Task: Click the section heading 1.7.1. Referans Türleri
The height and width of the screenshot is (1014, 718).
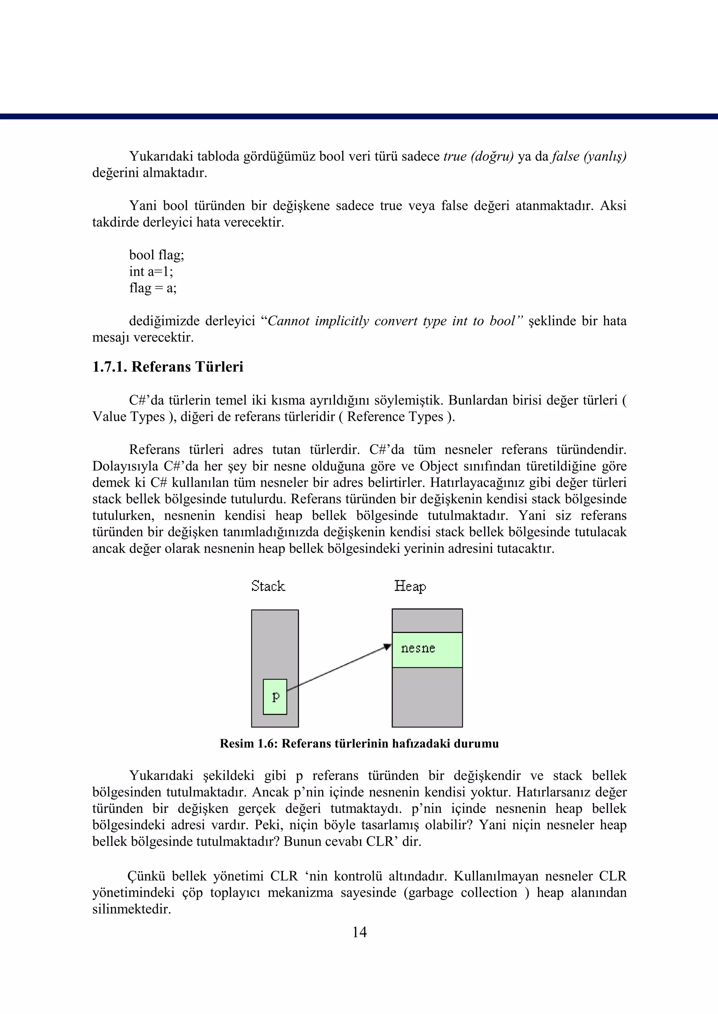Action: [168, 367]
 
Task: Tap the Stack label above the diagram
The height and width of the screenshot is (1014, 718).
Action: [268, 586]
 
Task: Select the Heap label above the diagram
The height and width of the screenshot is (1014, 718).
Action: [410, 586]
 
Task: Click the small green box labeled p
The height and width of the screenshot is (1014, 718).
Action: [275, 697]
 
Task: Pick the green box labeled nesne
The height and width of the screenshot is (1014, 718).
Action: [427, 649]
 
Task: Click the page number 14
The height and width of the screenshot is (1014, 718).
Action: [359, 933]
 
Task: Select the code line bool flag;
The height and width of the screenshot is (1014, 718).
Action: [156, 255]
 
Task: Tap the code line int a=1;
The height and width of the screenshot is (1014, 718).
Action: [151, 271]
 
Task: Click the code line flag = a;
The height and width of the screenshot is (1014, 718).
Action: [153, 288]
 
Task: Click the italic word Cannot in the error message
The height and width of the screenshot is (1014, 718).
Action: [288, 321]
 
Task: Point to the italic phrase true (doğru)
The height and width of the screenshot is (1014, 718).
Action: [478, 156]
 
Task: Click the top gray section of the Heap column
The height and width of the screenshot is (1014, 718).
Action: [427, 621]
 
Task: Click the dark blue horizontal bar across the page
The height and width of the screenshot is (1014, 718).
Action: [359, 116]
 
